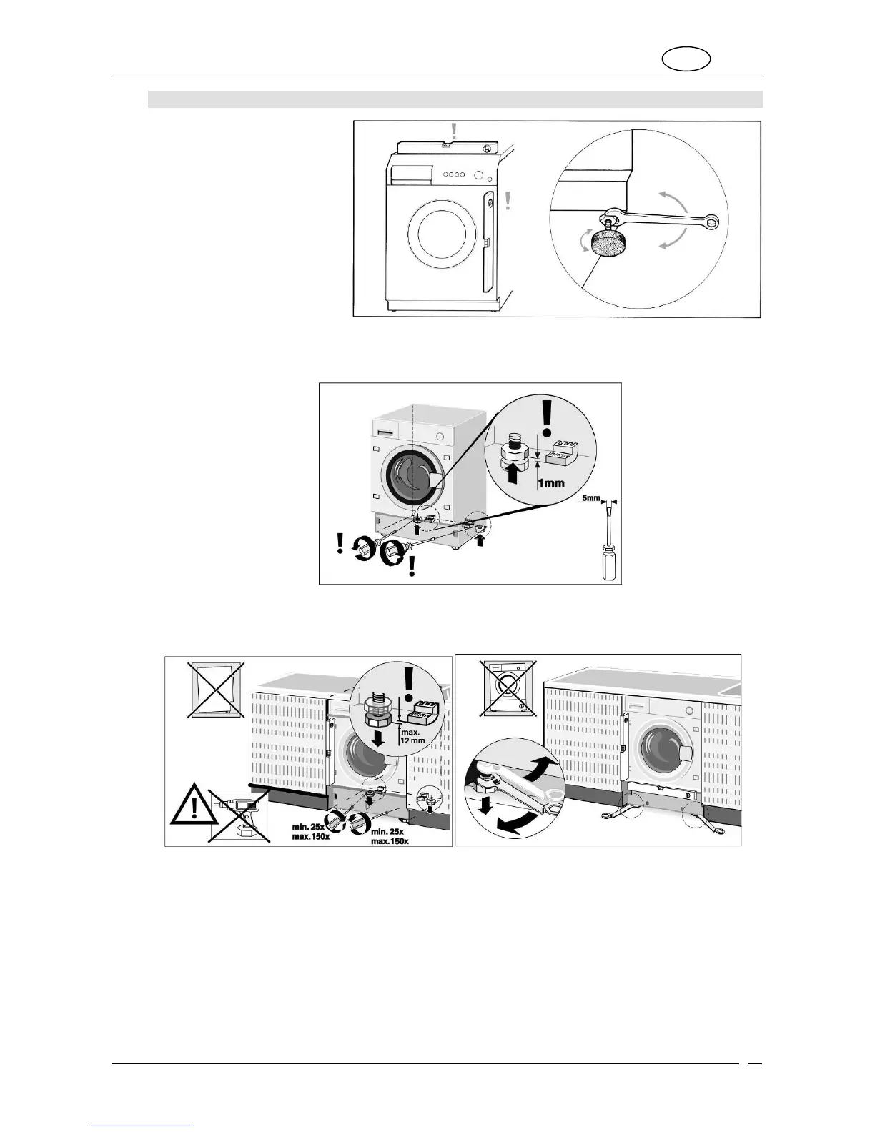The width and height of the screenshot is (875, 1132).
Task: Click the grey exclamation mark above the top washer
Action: pyautogui.click(x=452, y=131)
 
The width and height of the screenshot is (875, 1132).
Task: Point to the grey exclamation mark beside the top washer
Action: pyautogui.click(x=508, y=201)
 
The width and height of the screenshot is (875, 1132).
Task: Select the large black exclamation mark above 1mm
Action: pyautogui.click(x=548, y=417)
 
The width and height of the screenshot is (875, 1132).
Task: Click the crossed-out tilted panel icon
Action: pyautogui.click(x=216, y=689)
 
